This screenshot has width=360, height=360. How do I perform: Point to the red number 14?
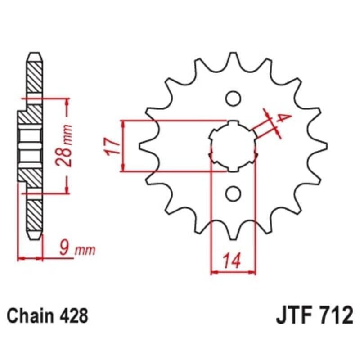232,260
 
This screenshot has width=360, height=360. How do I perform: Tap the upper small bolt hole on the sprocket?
233,98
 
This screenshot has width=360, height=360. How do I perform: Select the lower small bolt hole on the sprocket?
233,194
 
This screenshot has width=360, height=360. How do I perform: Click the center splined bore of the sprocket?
233,146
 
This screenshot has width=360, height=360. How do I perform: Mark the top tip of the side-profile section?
35,56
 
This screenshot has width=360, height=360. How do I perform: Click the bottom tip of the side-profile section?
35,236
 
